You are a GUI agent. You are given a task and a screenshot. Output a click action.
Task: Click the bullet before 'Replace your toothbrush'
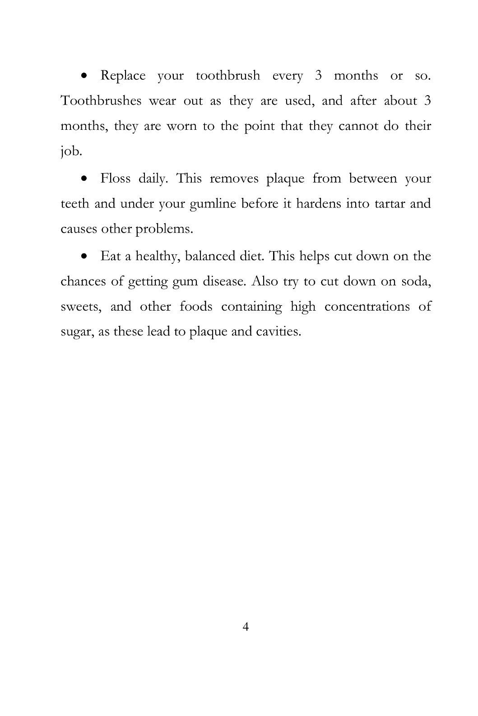[x=84, y=76]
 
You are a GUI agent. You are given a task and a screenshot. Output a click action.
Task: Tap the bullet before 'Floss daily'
[x=84, y=179]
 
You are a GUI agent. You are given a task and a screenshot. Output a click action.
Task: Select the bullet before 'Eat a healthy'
[x=84, y=257]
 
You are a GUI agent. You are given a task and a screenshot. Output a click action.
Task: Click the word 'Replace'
[x=123, y=75]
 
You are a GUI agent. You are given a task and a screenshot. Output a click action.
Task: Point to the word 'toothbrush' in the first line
[x=228, y=75]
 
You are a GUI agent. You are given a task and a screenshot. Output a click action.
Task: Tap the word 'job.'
[x=71, y=151]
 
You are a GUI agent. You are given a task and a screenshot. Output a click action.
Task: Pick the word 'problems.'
[x=164, y=229]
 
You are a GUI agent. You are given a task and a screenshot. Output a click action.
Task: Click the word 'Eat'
[x=109, y=256]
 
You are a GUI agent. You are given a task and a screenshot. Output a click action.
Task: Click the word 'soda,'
[x=413, y=281]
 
